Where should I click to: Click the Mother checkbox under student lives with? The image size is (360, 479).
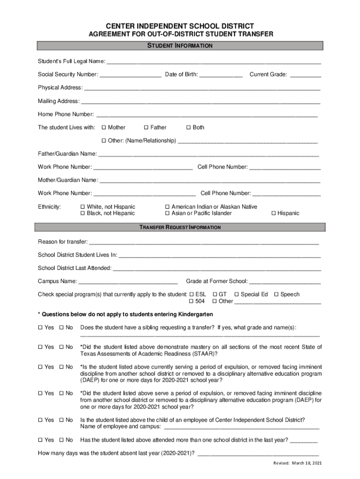coord(104,127)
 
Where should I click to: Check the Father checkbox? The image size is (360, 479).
coord(146,127)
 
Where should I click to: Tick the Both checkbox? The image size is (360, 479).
coord(188,127)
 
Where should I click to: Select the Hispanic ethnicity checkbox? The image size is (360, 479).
coord(274,213)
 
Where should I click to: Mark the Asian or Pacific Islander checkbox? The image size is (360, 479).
coord(167,213)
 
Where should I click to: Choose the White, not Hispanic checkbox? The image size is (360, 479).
coord(83,207)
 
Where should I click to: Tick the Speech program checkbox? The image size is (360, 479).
coord(276,294)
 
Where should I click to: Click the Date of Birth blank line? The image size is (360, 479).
coord(221,75)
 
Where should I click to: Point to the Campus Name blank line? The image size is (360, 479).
coord(128,282)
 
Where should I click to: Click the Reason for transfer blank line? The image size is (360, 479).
coord(204,242)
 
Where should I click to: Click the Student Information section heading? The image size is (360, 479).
coord(180,46)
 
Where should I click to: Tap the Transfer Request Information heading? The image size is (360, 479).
coord(180,227)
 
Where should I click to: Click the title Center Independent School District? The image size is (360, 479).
coord(180,26)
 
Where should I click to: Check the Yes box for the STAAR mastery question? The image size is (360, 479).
coord(40,347)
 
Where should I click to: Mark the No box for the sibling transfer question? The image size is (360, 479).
coord(61,327)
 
